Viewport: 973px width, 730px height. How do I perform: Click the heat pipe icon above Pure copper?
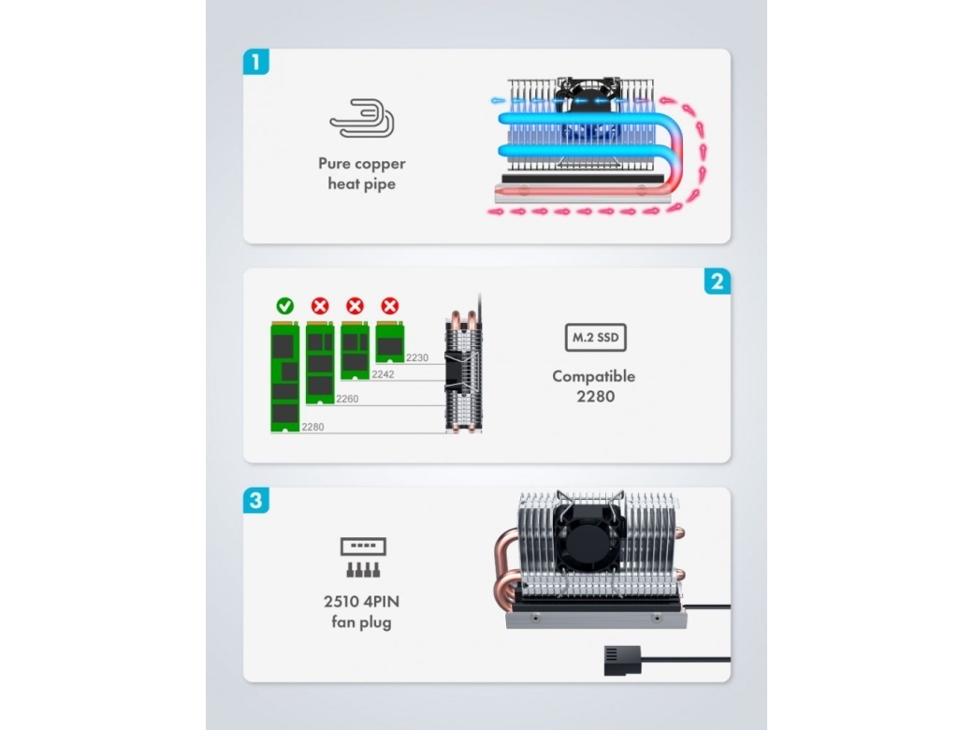(361, 119)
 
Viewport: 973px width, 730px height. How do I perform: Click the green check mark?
(285, 305)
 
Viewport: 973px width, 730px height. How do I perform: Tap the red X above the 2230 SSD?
(389, 305)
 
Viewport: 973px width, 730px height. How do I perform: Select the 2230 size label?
(418, 357)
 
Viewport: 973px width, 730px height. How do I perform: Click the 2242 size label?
(383, 374)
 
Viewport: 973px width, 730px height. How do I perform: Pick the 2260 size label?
(346, 400)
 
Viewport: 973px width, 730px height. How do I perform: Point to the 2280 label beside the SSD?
(313, 427)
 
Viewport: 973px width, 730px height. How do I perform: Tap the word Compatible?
(593, 376)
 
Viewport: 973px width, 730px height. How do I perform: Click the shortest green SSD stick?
(389, 343)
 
